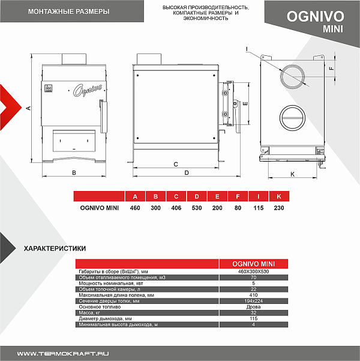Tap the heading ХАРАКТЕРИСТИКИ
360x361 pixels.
pos(54,248)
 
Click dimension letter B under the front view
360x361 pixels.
pos(73,172)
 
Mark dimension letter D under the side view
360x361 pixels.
pos(187,172)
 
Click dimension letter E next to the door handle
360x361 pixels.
pos(245,103)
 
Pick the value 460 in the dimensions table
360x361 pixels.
pos(135,208)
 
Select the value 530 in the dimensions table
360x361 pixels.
pos(196,208)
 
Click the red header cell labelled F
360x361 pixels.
pos(238,196)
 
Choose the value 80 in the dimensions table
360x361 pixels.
pos(238,208)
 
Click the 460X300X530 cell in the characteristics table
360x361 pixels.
pos(253,272)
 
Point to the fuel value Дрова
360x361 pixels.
pos(253,307)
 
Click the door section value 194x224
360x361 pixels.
pos(253,301)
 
